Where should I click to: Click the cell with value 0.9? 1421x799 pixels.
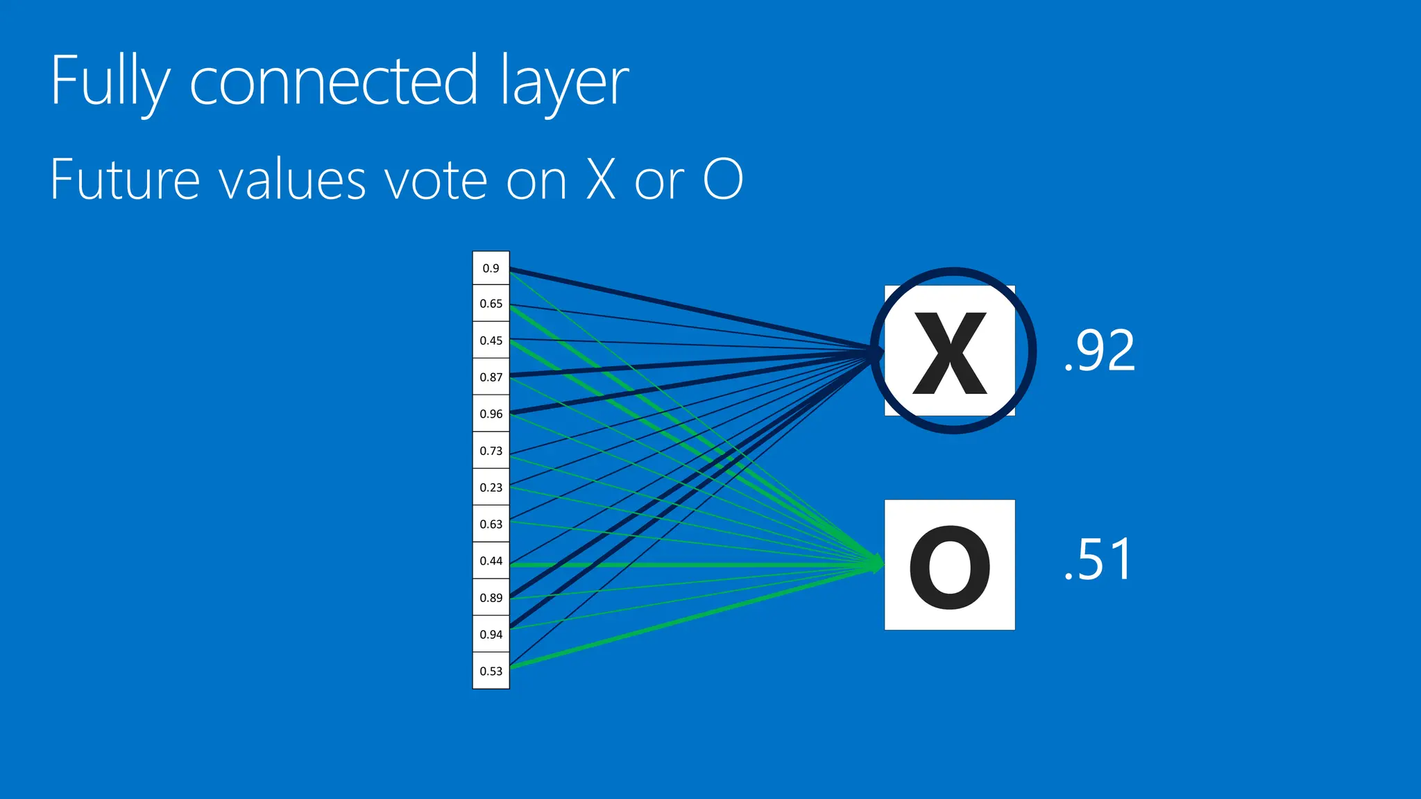491,268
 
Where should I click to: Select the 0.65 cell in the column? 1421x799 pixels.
491,304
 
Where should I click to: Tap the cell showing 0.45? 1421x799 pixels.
491,341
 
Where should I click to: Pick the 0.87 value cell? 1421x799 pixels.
491,377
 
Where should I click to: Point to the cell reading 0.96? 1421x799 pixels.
491,414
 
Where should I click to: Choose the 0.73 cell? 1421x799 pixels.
491,451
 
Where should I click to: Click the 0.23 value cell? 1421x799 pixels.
491,488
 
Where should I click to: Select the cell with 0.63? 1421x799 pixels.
491,524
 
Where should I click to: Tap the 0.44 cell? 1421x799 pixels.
491,561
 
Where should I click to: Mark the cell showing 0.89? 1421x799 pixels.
491,598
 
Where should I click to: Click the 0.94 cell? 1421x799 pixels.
491,635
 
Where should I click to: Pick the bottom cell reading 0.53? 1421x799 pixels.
491,671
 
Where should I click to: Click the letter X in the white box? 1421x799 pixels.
949,352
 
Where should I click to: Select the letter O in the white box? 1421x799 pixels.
949,567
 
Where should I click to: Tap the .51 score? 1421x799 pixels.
1098,560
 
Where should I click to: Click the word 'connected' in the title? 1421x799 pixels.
334,81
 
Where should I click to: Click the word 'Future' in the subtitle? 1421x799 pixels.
126,180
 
